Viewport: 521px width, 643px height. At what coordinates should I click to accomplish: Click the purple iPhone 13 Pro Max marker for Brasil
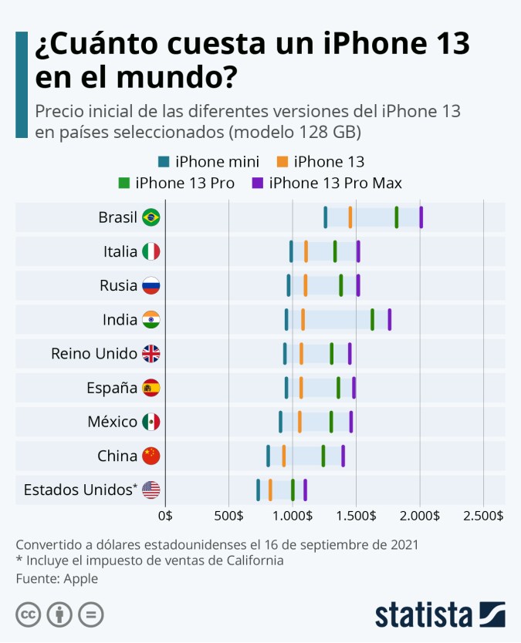(x=421, y=217)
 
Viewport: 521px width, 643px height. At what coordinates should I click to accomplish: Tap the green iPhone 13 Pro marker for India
(x=372, y=319)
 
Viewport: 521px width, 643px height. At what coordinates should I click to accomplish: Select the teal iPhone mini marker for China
(x=268, y=456)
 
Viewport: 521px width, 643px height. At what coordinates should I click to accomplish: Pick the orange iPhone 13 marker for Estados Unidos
(x=270, y=490)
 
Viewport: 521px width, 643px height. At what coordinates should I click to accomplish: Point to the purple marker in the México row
(x=350, y=422)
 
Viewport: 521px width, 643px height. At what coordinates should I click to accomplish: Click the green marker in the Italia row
(x=334, y=251)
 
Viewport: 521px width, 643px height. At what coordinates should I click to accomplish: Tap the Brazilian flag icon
(x=151, y=217)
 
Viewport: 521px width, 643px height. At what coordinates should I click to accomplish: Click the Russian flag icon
(x=151, y=285)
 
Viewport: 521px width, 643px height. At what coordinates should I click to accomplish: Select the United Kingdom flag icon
(x=151, y=354)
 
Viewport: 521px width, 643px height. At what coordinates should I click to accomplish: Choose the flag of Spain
(x=151, y=388)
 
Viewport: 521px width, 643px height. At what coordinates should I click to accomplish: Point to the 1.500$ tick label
(x=356, y=516)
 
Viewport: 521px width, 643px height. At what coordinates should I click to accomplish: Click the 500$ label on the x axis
(x=229, y=516)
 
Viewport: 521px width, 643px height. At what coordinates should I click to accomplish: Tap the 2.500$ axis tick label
(x=483, y=516)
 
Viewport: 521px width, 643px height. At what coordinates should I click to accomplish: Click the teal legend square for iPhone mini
(x=163, y=162)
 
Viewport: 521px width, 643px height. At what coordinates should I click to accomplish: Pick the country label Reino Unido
(x=94, y=354)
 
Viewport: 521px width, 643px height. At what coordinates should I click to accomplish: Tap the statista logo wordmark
(x=424, y=614)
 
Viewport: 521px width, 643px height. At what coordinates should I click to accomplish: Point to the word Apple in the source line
(x=81, y=577)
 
